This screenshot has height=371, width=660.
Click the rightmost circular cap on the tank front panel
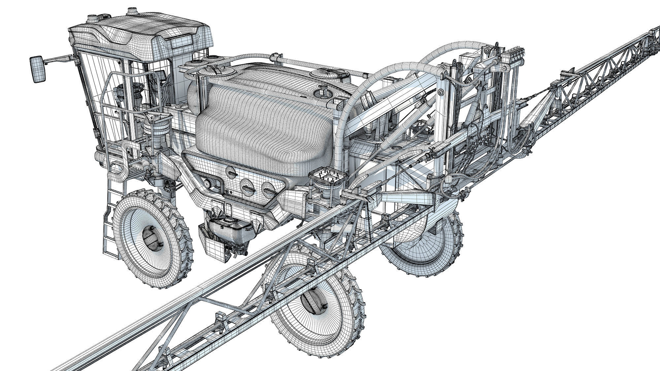click(x=268, y=189)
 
